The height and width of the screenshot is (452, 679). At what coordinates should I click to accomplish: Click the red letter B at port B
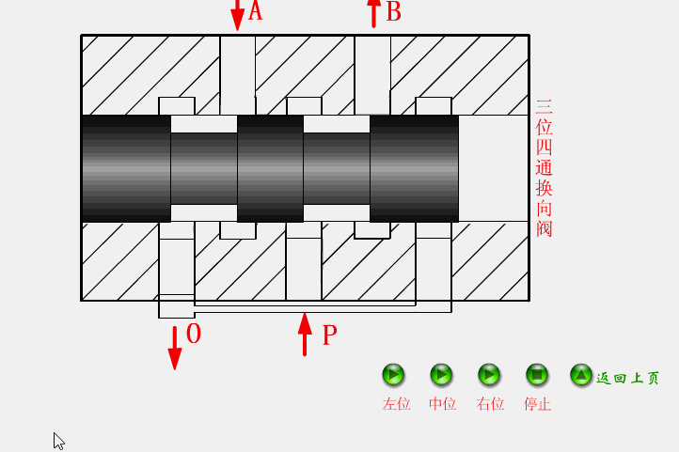tap(393, 11)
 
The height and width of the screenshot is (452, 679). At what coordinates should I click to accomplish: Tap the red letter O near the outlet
tap(194, 334)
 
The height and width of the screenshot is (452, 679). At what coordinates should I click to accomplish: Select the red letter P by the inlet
tap(329, 335)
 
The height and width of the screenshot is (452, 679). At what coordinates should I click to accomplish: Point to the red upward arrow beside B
tap(373, 12)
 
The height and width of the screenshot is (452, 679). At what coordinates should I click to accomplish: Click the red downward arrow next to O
tap(175, 348)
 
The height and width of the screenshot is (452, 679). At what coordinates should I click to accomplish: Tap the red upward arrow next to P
tap(305, 335)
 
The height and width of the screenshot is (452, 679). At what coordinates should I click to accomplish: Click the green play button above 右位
tap(489, 375)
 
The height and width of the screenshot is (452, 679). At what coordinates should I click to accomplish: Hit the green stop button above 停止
tap(537, 375)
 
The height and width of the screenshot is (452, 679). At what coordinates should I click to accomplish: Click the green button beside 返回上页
tap(581, 375)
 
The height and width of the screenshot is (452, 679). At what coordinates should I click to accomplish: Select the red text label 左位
tap(396, 404)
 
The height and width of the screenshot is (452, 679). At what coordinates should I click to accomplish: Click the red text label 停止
tap(537, 404)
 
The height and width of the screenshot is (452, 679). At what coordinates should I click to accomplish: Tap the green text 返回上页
tap(628, 378)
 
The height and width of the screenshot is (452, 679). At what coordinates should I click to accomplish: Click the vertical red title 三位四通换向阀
tap(544, 168)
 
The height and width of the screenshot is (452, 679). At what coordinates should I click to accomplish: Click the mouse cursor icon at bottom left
tap(59, 441)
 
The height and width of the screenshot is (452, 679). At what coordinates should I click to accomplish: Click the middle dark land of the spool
tap(270, 168)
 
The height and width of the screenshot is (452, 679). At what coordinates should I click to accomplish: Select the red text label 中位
tap(442, 404)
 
